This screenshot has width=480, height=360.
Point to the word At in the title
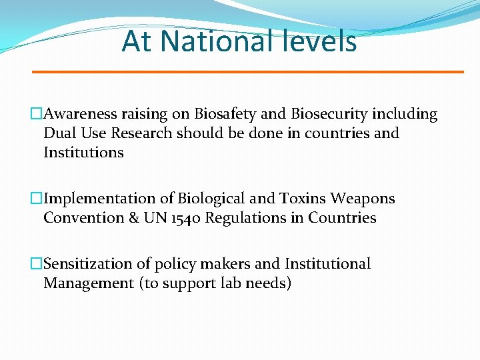pyautogui.click(x=137, y=41)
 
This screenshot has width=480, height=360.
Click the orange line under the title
pyautogui.click(x=248, y=71)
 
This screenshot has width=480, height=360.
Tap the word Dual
pyautogui.click(x=58, y=133)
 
